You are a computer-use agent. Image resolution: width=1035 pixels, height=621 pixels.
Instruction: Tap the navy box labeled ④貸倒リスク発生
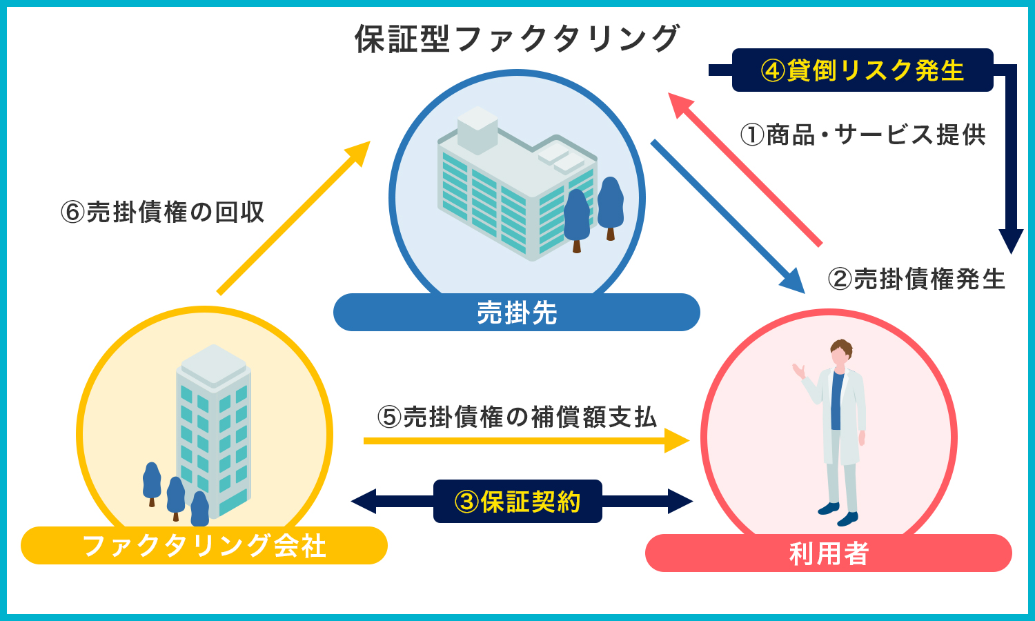coord(862,70)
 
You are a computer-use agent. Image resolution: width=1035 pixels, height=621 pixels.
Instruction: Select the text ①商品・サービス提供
coord(862,135)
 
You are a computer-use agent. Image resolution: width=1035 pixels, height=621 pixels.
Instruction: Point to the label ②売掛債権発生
coord(916,279)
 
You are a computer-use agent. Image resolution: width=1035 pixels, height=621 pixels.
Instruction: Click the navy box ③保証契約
coord(517,502)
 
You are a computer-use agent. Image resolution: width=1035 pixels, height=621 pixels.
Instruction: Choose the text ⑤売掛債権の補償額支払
coord(517,417)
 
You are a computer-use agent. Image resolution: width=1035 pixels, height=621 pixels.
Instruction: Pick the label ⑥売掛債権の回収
coord(163,212)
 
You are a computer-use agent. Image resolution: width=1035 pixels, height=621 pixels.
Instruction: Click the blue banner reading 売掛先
coord(516,313)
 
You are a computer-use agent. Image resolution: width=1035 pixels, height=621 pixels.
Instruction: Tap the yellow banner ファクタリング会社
coord(204,546)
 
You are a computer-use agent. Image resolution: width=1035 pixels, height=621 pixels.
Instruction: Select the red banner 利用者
coord(828,553)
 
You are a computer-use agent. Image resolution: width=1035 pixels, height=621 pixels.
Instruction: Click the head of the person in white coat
coord(840,353)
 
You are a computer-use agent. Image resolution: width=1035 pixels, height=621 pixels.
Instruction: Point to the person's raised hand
coord(798,370)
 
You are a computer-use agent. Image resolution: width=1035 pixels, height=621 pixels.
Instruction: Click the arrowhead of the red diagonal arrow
coord(680,104)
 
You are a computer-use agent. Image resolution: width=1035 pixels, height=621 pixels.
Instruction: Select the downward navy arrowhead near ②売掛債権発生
coord(1011,241)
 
